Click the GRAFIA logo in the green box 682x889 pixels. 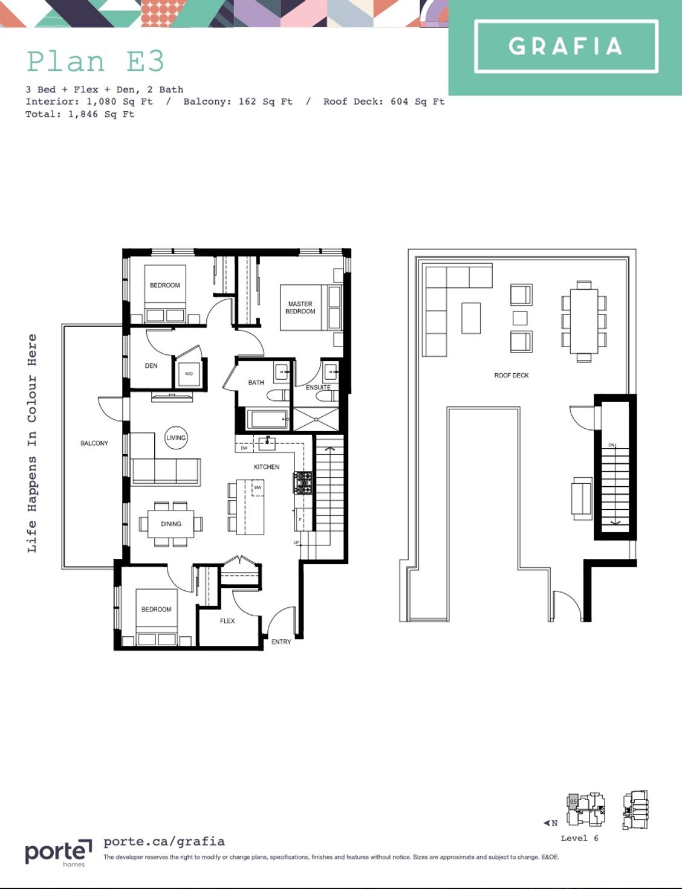click(x=566, y=47)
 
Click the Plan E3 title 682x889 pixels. click(x=96, y=61)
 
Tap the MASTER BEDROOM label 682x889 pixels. click(x=300, y=308)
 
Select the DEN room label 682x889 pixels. click(x=151, y=366)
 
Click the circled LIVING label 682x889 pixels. click(x=176, y=438)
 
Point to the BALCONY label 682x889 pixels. click(x=94, y=443)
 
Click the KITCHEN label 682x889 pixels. click(x=267, y=467)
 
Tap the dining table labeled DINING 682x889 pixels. click(x=171, y=524)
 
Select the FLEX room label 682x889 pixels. click(x=227, y=621)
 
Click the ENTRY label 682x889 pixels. click(x=281, y=642)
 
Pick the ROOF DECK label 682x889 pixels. click(x=511, y=376)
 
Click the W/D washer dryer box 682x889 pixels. click(x=189, y=374)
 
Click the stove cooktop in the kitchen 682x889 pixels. click(x=303, y=483)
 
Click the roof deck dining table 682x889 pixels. click(x=584, y=321)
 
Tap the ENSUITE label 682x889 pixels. click(x=318, y=388)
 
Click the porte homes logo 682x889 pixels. click(x=58, y=853)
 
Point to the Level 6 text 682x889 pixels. click(x=579, y=838)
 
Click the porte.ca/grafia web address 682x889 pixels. click(x=164, y=841)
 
